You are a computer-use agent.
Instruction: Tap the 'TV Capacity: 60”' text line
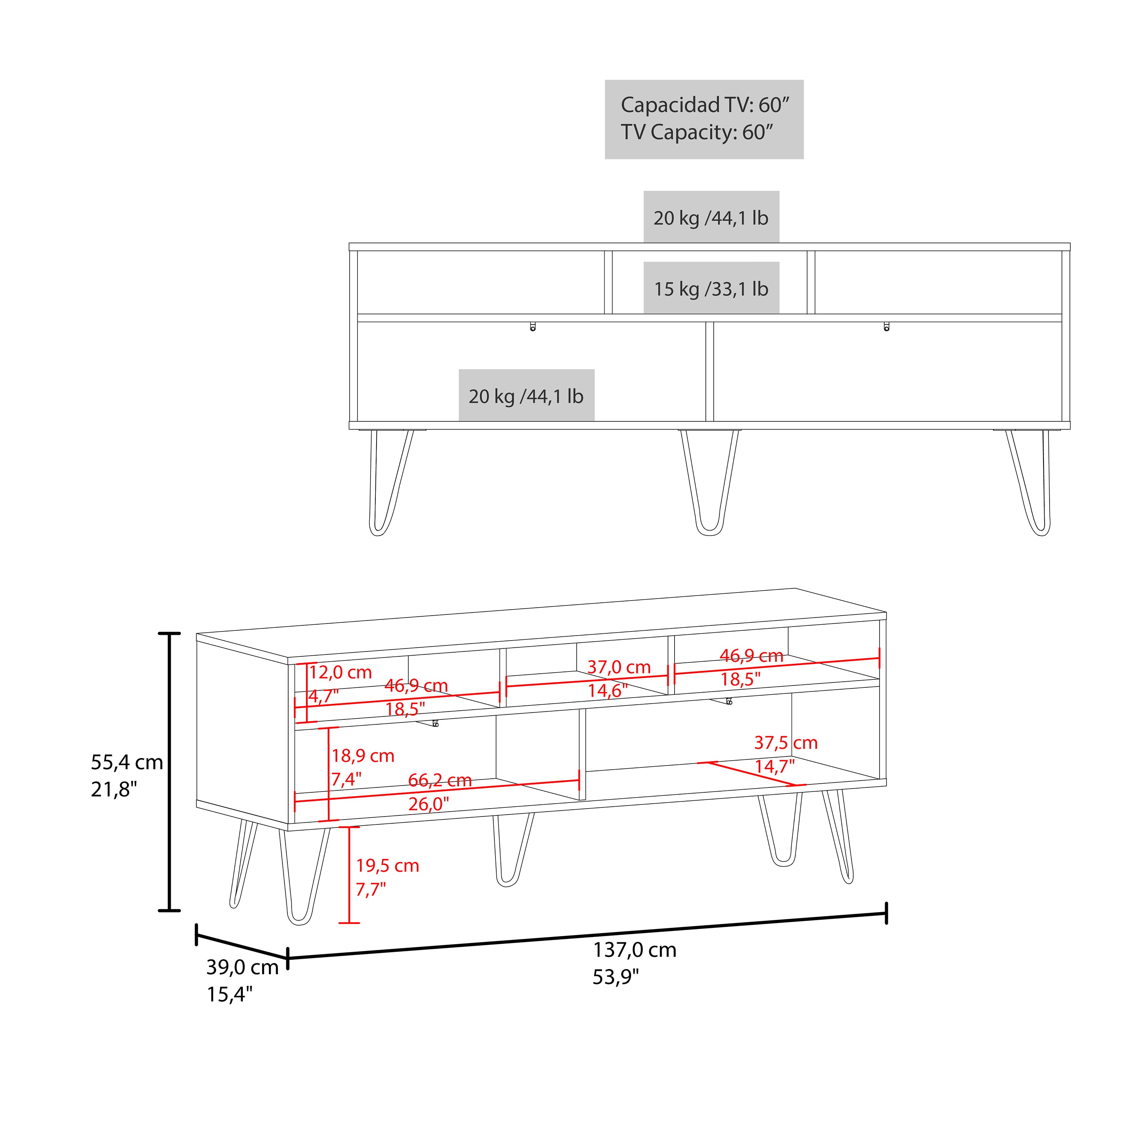pyautogui.click(x=697, y=133)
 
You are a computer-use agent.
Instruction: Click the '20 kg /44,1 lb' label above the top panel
pyautogui.click(x=711, y=218)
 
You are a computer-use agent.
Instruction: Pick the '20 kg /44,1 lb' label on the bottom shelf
pyautogui.click(x=526, y=397)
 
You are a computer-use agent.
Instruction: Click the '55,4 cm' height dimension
pyautogui.click(x=127, y=763)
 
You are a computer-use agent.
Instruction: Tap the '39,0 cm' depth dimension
pyautogui.click(x=242, y=967)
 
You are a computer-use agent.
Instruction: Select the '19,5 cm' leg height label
pyautogui.click(x=387, y=866)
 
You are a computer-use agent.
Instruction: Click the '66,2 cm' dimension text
pyautogui.click(x=440, y=781)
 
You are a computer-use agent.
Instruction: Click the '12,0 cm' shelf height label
pyautogui.click(x=340, y=672)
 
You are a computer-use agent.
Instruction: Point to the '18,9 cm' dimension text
pyautogui.click(x=363, y=756)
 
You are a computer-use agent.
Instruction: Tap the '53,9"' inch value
pyautogui.click(x=615, y=978)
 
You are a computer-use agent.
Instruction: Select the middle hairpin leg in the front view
pyautogui.click(x=709, y=483)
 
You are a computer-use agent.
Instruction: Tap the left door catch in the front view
pyautogui.click(x=533, y=327)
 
